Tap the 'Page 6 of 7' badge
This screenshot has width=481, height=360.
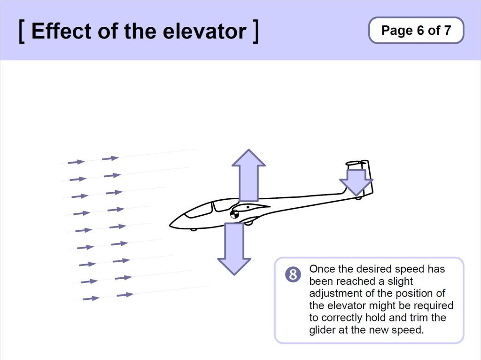416,31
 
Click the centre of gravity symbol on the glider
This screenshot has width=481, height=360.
234,215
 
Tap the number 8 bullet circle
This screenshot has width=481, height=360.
293,274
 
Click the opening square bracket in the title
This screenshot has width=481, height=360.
22,31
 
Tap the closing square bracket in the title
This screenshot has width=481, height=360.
255,31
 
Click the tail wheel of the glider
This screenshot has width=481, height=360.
358,198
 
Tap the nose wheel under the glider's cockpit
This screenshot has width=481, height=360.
194,229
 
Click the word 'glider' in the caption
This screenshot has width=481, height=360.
322,330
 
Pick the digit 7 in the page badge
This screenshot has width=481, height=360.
447,31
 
